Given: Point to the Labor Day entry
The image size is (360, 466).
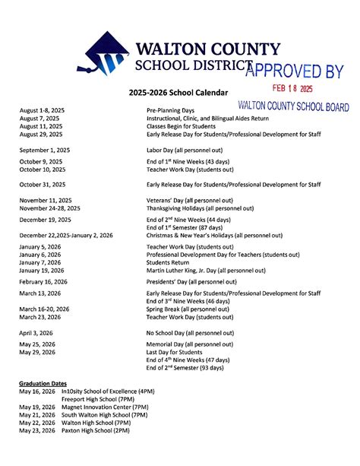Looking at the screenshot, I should click(189, 150).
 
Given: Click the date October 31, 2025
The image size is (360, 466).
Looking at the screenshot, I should click(43, 184).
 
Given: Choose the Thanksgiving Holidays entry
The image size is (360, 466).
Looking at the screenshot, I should click(200, 208).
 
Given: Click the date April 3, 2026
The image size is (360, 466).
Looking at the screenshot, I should click(37, 333).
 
